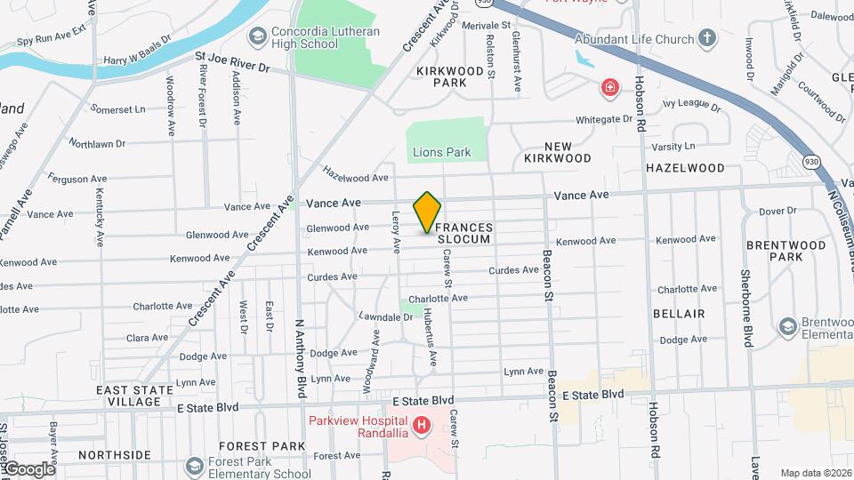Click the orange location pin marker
[x=427, y=212]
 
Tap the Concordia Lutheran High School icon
[x=258, y=36]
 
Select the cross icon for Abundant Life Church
[x=707, y=38]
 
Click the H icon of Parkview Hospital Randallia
[x=422, y=427]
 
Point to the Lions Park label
[x=441, y=152]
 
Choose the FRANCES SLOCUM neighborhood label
[x=464, y=234]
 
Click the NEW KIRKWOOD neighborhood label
[x=558, y=152]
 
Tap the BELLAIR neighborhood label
[x=679, y=314]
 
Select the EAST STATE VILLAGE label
[x=128, y=396]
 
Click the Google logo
[x=28, y=469]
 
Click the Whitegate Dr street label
[x=603, y=119]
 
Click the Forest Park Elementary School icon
[x=195, y=467]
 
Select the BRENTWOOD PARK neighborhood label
[x=774, y=250]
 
